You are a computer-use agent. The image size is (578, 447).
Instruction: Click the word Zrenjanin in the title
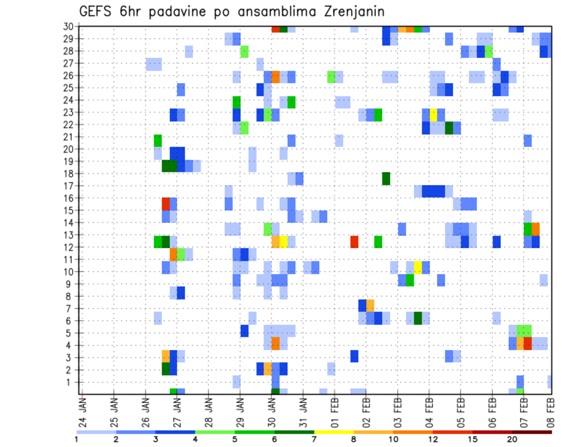click(348, 11)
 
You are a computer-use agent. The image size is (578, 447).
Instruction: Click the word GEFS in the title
click(99, 11)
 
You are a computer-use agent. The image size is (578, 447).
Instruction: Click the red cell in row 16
click(166, 204)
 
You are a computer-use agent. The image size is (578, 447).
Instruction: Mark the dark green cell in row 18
click(386, 178)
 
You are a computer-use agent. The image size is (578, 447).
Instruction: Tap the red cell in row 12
click(355, 242)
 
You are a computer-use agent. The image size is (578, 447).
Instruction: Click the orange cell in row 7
click(370, 305)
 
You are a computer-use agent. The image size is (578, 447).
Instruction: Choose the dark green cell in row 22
click(449, 128)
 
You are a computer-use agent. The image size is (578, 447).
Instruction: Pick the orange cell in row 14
click(536, 229)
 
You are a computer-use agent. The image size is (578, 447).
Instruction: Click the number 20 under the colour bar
click(512, 439)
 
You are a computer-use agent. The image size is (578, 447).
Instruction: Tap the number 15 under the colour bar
click(473, 439)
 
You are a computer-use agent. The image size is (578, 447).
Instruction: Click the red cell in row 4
click(528, 343)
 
